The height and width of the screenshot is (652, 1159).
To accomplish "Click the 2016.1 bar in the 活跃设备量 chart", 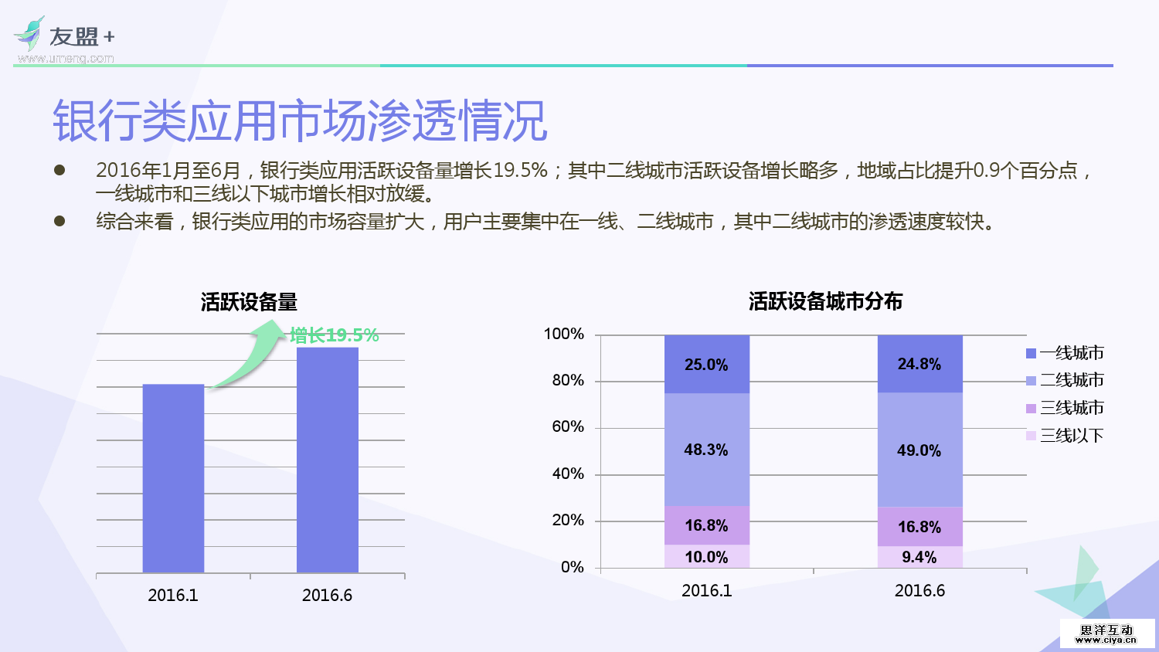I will coord(173,478).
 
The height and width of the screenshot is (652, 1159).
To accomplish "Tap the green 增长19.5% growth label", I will coord(335,335).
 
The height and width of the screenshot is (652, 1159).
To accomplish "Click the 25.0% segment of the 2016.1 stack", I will coord(706,364).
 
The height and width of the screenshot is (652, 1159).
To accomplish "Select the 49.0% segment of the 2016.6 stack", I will coord(919,450).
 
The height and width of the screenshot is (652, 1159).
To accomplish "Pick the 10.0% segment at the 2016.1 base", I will coord(706,557).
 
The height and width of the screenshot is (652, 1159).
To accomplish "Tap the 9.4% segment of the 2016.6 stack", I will coord(919,557).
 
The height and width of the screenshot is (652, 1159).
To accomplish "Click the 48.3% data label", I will coord(706,450).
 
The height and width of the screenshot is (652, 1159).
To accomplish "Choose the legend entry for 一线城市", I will coord(1065,353).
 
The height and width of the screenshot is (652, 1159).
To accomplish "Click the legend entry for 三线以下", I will coord(1065,436).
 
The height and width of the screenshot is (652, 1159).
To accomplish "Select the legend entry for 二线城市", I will coord(1065,380).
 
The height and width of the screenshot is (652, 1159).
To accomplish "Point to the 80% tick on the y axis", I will coord(568,380).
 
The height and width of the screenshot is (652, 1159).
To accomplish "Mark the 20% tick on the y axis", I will coord(568,520).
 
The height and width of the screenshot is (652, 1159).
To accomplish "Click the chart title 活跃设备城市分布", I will coord(825,301).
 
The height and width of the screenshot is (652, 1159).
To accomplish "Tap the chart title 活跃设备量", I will coord(249,302).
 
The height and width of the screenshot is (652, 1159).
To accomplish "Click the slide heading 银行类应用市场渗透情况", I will coord(300,121).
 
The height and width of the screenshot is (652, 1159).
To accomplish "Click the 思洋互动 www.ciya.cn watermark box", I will coord(1106,634).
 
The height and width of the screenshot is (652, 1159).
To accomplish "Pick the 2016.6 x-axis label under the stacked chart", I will coord(919,591).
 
